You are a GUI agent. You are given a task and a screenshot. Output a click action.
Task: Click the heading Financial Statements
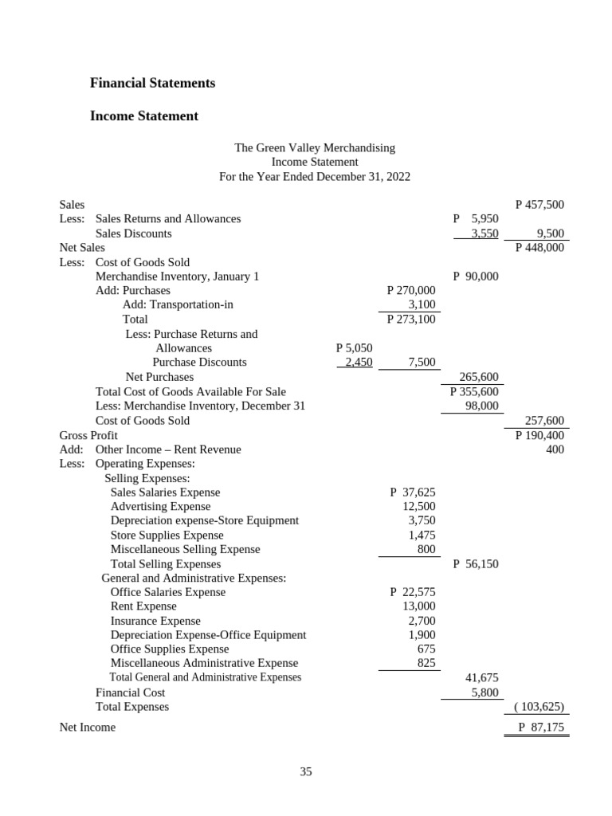click(152, 83)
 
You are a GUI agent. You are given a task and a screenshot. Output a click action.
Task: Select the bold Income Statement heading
click(144, 116)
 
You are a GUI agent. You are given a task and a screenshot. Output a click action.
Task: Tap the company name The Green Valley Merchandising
click(314, 148)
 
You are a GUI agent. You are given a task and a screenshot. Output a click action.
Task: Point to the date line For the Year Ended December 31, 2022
click(314, 177)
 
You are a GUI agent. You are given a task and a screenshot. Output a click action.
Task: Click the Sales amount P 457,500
click(539, 205)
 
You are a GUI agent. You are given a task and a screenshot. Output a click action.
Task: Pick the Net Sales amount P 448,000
click(539, 248)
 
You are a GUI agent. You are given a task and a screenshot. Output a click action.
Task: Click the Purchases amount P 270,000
click(411, 291)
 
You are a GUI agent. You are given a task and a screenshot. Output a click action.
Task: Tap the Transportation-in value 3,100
click(422, 304)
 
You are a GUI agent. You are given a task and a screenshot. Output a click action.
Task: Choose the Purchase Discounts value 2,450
click(356, 363)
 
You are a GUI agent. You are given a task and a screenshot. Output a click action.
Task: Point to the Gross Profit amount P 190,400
click(539, 435)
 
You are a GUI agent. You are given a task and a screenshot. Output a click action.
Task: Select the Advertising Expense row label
click(160, 507)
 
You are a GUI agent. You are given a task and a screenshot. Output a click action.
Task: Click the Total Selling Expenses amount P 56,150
click(475, 564)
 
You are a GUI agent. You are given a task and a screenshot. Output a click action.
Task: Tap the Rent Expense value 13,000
click(418, 606)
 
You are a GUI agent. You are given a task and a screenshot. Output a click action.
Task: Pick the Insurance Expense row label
click(155, 621)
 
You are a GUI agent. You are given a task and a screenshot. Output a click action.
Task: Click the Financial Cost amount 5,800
click(484, 692)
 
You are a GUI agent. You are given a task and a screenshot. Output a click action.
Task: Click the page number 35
click(306, 771)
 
